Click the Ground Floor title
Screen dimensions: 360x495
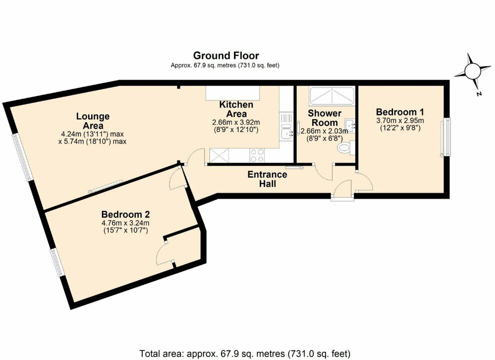pos(226,55)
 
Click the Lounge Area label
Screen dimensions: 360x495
pos(92,120)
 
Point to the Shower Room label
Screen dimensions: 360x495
pos(324,118)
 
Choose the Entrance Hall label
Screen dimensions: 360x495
pos(267,179)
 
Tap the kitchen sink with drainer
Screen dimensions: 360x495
pos(286,127)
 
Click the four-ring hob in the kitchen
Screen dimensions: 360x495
pos(257,155)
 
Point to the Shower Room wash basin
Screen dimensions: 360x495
pos(352,125)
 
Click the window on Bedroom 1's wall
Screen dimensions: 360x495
pos(444,137)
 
